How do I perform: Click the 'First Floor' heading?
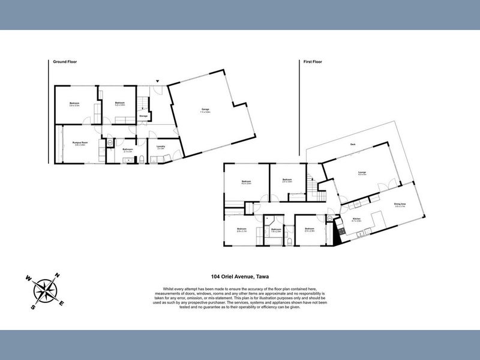tap(313, 61)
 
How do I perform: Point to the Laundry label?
tap(161, 148)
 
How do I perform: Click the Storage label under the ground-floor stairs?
tap(143, 116)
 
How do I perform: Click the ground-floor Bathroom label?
tap(127, 150)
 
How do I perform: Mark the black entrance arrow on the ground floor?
tap(158, 81)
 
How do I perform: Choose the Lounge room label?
tap(362, 174)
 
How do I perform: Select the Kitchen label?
tap(356, 220)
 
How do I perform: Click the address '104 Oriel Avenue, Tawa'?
tap(239, 277)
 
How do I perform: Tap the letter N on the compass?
tap(57, 276)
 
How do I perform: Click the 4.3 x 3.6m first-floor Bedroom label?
tap(246, 182)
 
